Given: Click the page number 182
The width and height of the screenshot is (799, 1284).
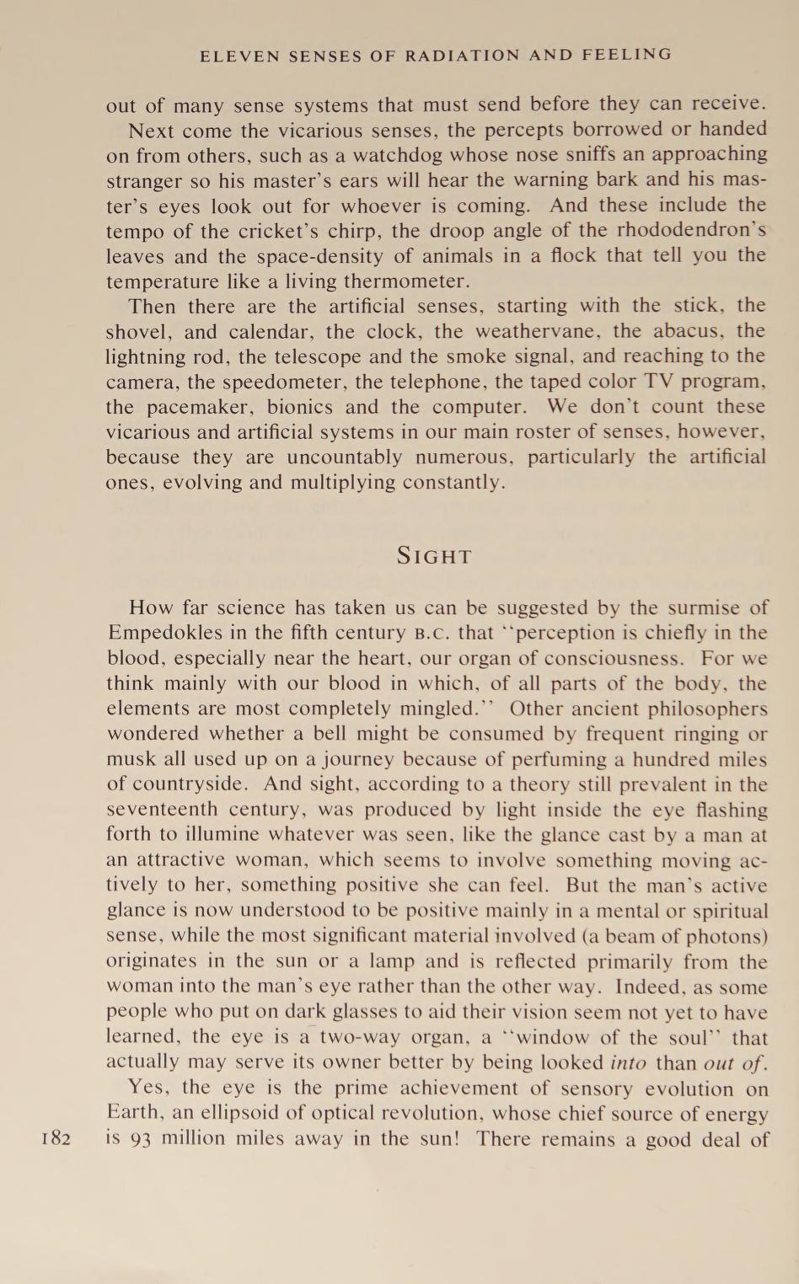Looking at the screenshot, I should pyautogui.click(x=55, y=1138).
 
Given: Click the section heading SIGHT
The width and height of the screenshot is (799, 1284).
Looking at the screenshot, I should pyautogui.click(x=435, y=556).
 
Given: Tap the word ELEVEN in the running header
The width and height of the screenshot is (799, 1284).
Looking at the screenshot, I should pyautogui.click(x=239, y=56).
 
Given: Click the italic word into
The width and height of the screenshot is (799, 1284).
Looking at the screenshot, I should pyautogui.click(x=627, y=1063).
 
